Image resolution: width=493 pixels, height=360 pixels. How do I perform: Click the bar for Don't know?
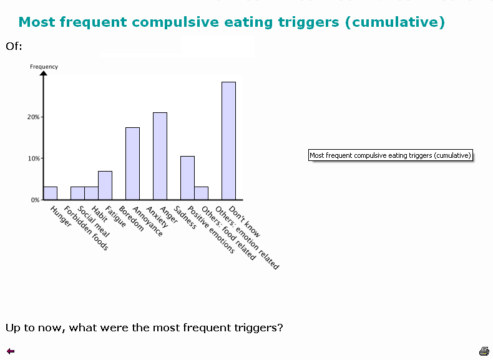(x=228, y=141)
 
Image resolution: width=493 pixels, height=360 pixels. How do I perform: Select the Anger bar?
(x=160, y=156)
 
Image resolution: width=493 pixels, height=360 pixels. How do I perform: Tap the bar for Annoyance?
(x=133, y=163)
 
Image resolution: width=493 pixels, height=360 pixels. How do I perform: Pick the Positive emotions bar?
(x=187, y=178)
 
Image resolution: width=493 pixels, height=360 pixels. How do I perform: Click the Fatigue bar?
(x=105, y=185)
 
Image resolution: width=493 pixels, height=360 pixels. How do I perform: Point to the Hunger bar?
(x=51, y=193)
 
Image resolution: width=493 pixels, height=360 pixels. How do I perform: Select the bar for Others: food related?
(x=201, y=193)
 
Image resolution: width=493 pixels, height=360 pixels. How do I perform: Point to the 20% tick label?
(x=33, y=117)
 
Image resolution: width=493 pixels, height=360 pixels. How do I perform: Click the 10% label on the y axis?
(x=34, y=158)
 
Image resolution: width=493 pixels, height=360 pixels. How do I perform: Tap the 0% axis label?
(x=35, y=200)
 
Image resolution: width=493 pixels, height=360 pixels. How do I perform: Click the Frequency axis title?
(x=44, y=67)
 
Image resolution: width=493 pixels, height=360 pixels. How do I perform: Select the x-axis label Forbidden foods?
(x=86, y=228)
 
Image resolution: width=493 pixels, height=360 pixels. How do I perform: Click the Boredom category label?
(x=131, y=218)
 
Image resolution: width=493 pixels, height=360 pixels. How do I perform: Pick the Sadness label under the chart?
(x=185, y=217)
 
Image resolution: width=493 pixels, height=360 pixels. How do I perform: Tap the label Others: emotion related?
(x=247, y=238)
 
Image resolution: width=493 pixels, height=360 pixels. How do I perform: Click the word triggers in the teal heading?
(x=308, y=22)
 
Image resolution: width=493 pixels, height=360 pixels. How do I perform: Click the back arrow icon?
(x=11, y=351)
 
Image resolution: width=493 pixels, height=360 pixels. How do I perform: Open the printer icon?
(x=484, y=351)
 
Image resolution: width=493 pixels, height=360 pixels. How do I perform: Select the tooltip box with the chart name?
(x=391, y=155)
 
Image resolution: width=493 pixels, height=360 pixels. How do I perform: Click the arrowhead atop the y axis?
(x=44, y=73)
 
